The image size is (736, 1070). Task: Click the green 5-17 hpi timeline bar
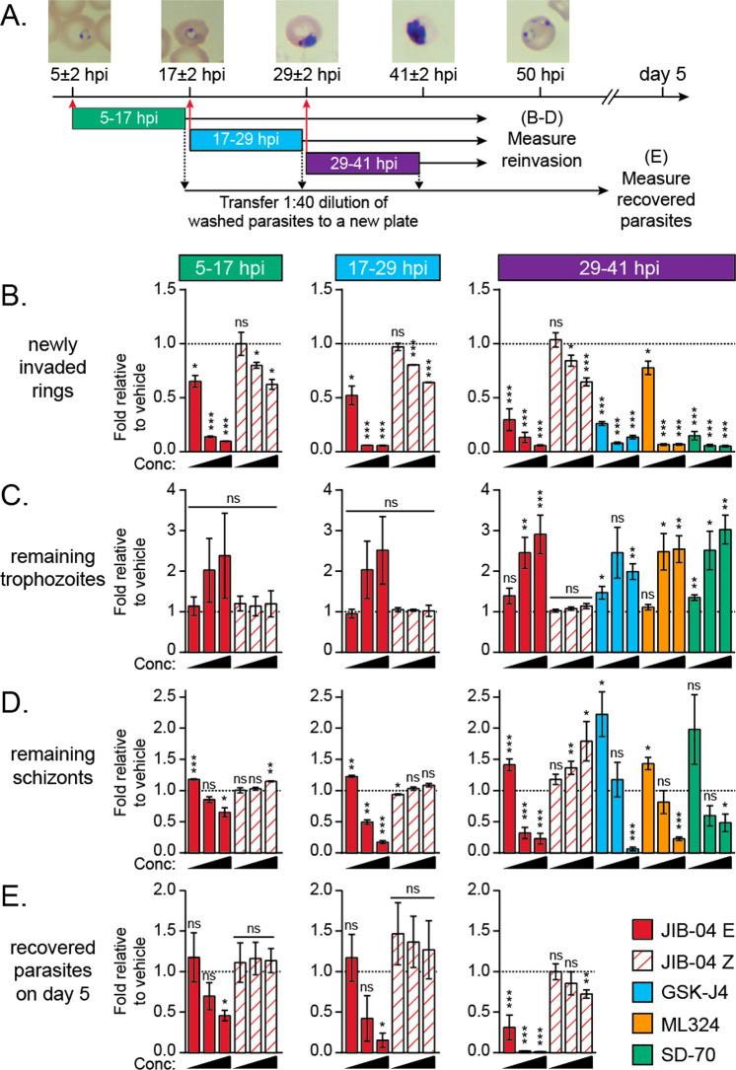[x=128, y=118]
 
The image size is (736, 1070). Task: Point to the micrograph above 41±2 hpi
[x=422, y=31]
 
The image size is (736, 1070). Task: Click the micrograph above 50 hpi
[x=539, y=31]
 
